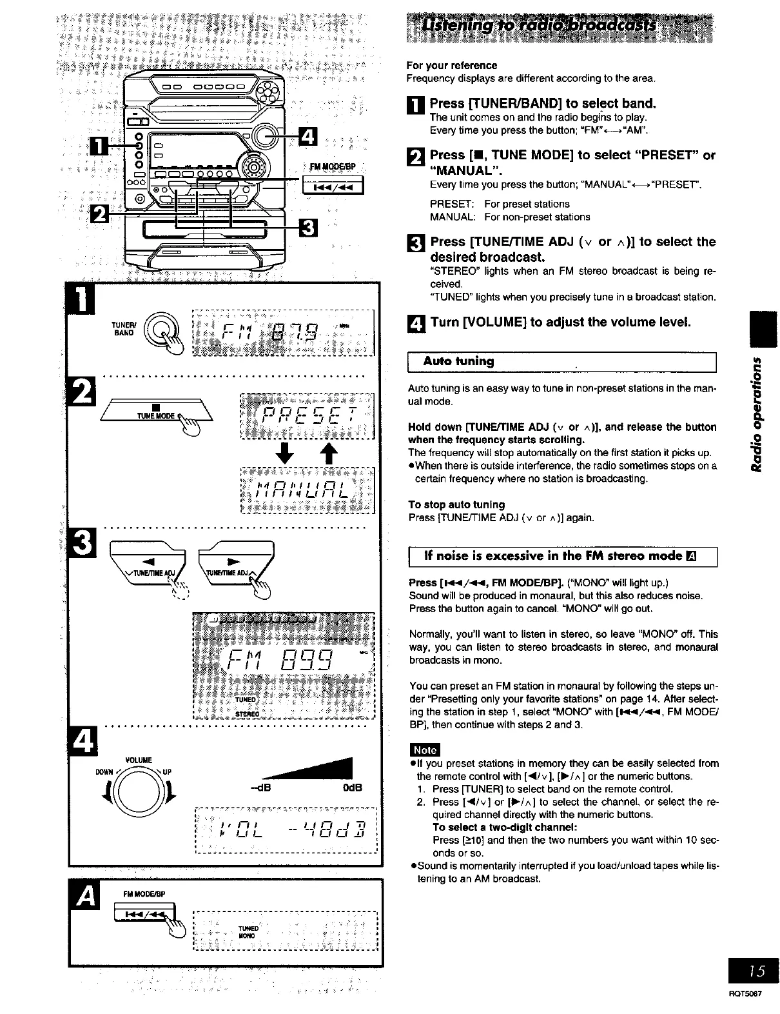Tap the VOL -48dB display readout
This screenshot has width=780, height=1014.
coord(285,828)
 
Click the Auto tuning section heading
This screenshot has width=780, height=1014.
coord(458,361)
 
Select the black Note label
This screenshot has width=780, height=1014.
coord(424,750)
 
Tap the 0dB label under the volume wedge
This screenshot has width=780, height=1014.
coord(352,788)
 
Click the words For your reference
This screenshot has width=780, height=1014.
coord(451,65)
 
